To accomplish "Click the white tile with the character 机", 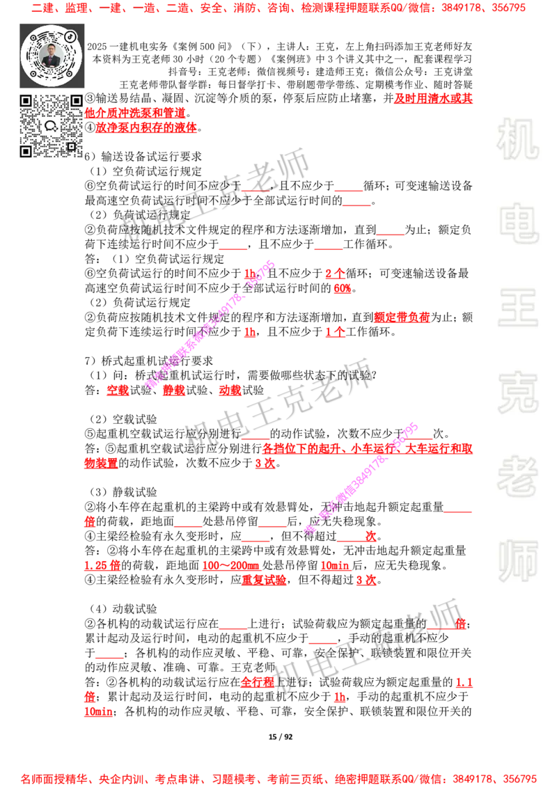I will point(517,139).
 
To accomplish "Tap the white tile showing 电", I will point(520,223).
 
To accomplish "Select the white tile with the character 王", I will point(517,309).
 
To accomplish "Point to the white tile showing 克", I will point(517,393).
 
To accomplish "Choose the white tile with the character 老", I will point(517,476).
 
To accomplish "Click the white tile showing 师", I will point(517,562).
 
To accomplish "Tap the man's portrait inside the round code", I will point(52,55).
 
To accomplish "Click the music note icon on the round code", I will point(70,36).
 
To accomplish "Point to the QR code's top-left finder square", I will point(26,101).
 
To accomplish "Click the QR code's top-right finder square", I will point(76,101).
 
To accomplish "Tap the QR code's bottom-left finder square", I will point(26,151).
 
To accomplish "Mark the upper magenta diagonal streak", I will point(210,324).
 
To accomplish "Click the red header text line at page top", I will point(278,9).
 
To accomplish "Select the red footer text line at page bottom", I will point(278,779).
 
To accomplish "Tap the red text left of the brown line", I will point(432,97).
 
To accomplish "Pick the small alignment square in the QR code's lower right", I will point(70,146).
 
